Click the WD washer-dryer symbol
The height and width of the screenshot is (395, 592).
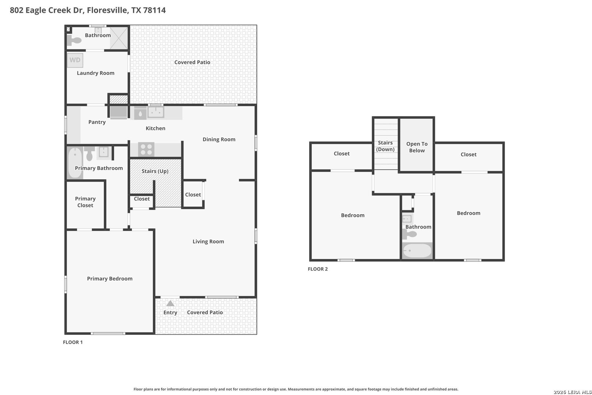[75, 60]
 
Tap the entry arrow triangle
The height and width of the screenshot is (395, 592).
[170, 303]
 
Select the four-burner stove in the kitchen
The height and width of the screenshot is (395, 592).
[146, 150]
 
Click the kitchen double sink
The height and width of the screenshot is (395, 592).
[156, 112]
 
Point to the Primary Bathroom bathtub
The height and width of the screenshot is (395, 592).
[75, 162]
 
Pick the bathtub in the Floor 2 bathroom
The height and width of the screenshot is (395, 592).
[417, 250]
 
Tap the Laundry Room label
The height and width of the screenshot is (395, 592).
[96, 73]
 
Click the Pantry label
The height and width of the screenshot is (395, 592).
[97, 122]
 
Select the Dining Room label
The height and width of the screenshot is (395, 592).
[219, 139]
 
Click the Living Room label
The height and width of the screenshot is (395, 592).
[208, 241]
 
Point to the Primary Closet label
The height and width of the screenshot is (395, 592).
[85, 202]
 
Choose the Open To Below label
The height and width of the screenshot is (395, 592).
[417, 147]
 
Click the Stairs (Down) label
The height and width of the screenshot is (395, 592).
[385, 146]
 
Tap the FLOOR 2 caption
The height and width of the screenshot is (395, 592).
[318, 269]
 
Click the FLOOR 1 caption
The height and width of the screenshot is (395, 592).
[73, 342]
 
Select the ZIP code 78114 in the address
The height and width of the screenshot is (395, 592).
[154, 10]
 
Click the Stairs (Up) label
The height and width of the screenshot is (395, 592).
[155, 171]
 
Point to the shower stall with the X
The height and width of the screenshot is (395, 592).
[119, 38]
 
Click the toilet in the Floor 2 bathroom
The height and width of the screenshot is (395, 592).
[409, 234]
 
